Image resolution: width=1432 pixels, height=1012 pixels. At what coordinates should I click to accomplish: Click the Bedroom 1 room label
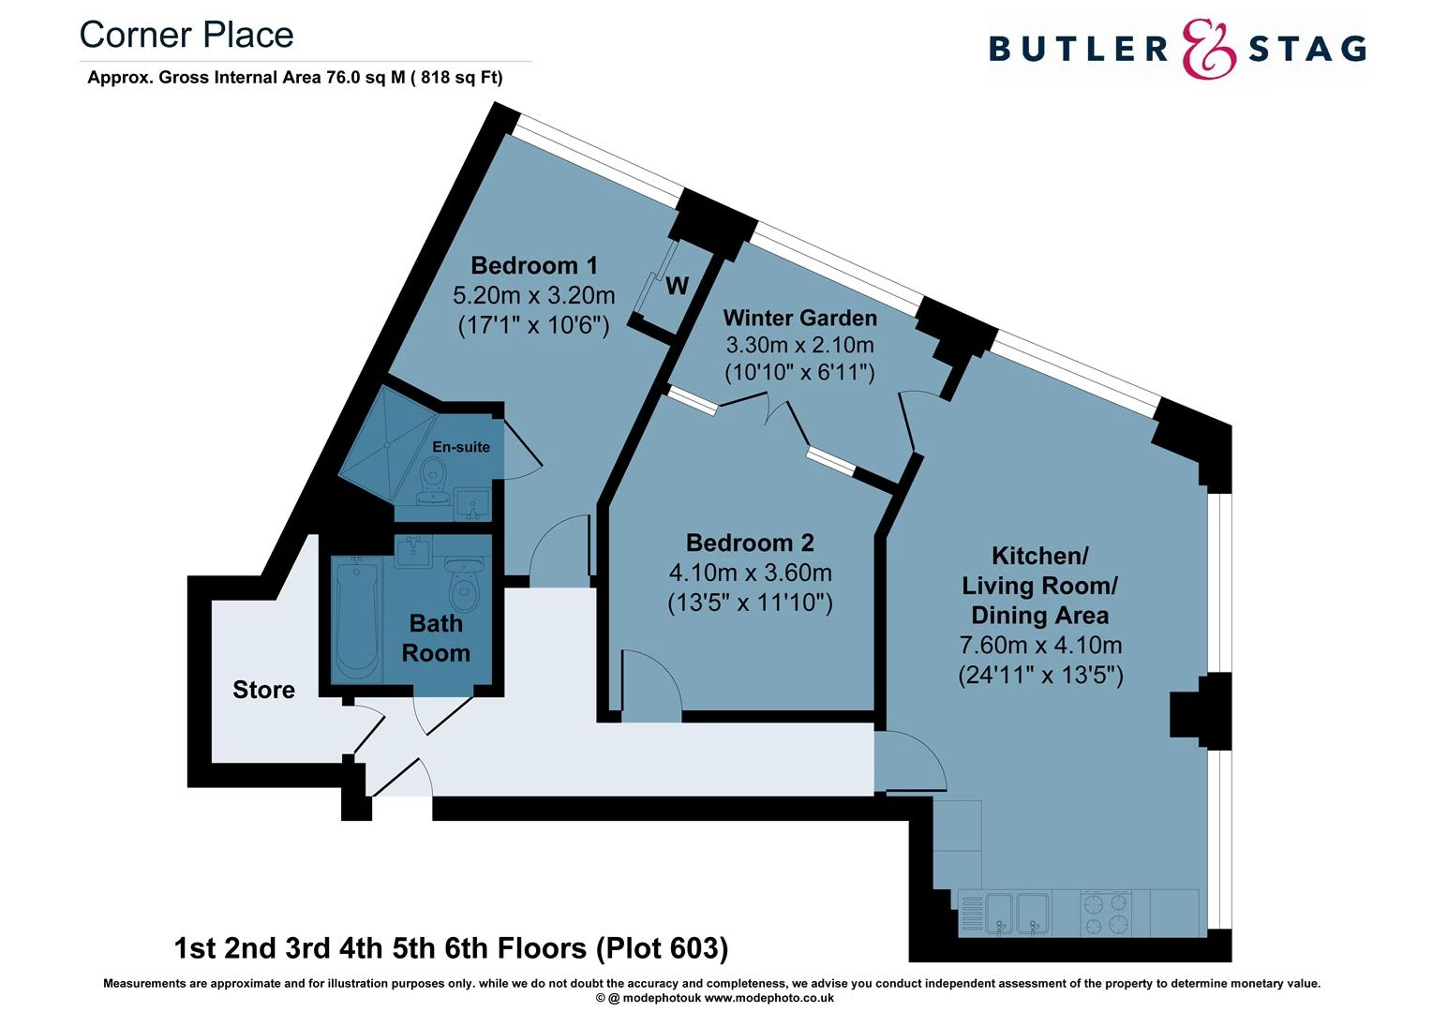click(x=533, y=266)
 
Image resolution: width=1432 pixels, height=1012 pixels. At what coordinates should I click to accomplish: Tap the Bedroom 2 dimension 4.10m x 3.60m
click(x=750, y=573)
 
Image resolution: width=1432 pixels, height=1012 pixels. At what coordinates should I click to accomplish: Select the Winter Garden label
click(x=799, y=319)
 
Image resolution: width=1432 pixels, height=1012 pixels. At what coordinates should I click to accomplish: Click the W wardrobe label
click(x=677, y=286)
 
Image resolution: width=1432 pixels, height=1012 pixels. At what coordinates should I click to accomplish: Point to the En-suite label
click(x=461, y=447)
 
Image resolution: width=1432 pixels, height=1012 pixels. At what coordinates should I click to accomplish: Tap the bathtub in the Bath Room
click(x=356, y=618)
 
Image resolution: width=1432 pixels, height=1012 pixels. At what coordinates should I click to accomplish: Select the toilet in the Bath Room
click(x=464, y=585)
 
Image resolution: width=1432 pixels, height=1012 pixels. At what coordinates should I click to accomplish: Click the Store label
click(x=263, y=691)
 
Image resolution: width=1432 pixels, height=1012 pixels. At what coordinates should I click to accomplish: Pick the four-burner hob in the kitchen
click(x=1106, y=914)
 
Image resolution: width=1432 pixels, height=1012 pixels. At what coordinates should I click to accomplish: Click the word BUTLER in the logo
click(x=1078, y=49)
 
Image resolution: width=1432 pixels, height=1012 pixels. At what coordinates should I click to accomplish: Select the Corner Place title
click(x=186, y=36)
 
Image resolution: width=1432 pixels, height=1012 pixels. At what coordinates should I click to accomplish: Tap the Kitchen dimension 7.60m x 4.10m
click(x=1040, y=646)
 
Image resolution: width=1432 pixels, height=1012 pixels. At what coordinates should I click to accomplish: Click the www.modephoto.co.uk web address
click(x=768, y=998)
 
